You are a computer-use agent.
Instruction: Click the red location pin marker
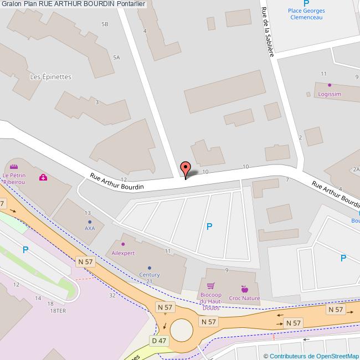(x=186, y=168)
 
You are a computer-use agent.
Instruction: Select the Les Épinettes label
(x=50, y=77)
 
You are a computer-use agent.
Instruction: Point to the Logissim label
(x=330, y=94)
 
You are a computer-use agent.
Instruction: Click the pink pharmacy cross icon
(x=43, y=177)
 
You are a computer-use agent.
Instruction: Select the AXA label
(x=89, y=228)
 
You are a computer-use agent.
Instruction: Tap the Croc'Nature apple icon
(x=244, y=289)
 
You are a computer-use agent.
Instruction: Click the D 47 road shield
(x=158, y=340)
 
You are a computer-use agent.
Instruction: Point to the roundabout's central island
(x=181, y=331)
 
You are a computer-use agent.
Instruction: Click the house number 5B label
(x=105, y=24)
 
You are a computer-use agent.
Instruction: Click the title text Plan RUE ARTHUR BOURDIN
(x=69, y=4)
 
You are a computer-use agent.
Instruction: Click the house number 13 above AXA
(x=88, y=213)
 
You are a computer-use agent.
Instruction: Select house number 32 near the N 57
(x=112, y=295)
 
